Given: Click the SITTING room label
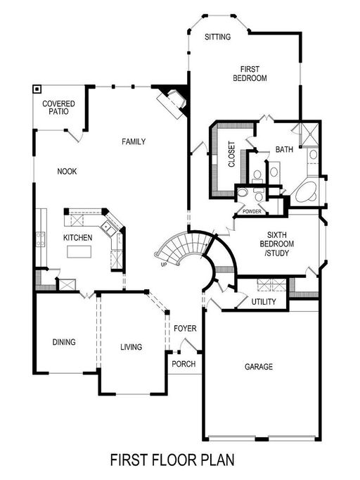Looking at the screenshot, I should point(217,37).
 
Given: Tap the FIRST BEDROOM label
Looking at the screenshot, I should point(250,74).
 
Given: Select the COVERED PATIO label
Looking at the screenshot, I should point(59,108).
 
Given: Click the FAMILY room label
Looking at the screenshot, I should point(133,141).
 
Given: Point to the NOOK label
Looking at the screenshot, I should point(67,171).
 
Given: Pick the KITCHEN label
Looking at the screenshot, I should point(78,238).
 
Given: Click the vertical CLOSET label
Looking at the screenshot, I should point(231,155).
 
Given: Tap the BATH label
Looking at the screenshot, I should point(284,149).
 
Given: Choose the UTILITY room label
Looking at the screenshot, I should point(264,303).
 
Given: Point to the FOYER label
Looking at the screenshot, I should point(185,329).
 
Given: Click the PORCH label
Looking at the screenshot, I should point(184,364).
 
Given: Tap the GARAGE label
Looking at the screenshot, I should point(258,367).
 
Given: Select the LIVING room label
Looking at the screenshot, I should point(131,347).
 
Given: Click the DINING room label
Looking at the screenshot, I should point(63,342).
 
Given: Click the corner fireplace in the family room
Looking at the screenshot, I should point(173,101).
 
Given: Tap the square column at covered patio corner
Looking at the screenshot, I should point(37,89).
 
